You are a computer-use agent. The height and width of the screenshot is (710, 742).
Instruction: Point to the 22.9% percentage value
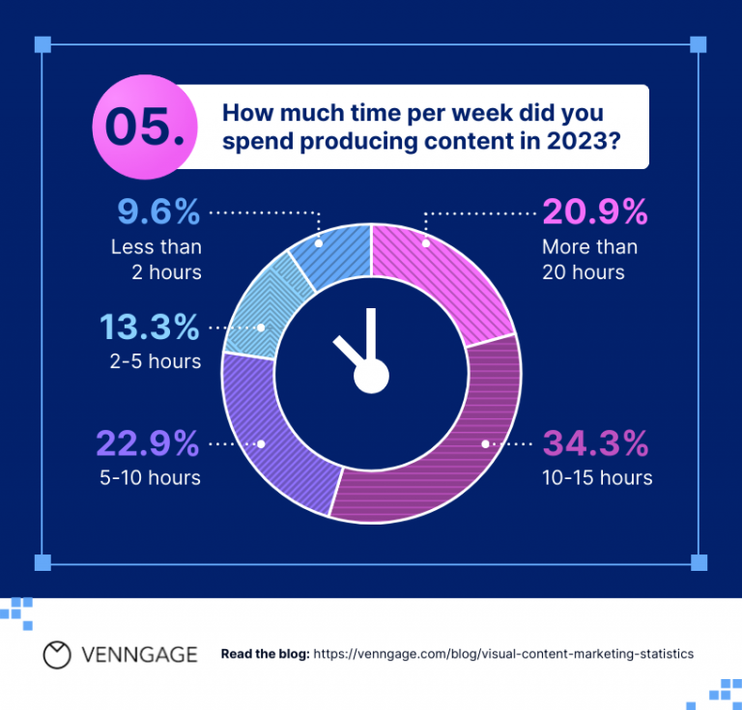click(148, 444)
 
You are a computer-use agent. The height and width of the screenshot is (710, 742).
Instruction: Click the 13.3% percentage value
click(148, 328)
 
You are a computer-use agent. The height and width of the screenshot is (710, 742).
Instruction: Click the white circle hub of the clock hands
click(370, 376)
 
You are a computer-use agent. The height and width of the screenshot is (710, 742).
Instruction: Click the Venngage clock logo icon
click(58, 654)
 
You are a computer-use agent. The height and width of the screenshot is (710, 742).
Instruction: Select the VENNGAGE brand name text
click(140, 654)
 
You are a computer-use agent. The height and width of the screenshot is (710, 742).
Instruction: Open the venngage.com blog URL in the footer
click(503, 654)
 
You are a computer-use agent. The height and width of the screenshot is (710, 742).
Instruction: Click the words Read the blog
click(265, 654)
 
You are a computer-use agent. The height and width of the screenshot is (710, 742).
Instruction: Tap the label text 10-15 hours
click(598, 478)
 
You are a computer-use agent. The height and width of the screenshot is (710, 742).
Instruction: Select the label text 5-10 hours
click(155, 478)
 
